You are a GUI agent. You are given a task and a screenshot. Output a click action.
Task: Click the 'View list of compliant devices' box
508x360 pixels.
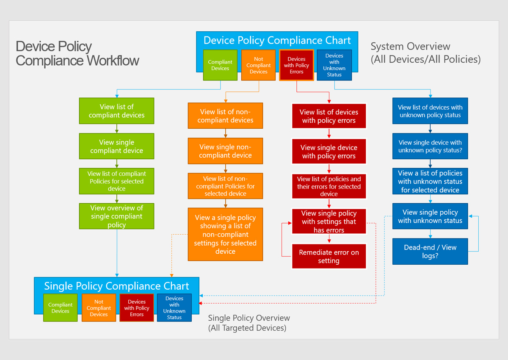coord(116,111)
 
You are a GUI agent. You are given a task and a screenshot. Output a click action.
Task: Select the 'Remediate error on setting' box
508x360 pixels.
coord(329,256)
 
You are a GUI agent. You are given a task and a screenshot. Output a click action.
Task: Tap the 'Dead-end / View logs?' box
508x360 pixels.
coord(430,251)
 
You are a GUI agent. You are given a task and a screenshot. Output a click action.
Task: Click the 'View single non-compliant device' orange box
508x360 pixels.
coord(225,151)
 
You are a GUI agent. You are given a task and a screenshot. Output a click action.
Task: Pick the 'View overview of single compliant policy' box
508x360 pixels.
coord(116,216)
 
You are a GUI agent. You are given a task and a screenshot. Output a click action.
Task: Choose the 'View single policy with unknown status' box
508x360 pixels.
coord(430,216)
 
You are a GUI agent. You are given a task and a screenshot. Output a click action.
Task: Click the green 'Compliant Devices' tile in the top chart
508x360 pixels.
coord(220,65)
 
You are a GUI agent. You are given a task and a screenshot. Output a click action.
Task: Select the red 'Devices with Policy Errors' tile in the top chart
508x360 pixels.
coord(296,65)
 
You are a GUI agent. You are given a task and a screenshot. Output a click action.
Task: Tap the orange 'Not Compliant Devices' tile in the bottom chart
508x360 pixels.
coord(99,308)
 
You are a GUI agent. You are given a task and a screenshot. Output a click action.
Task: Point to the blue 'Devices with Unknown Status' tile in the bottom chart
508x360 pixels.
coord(174,308)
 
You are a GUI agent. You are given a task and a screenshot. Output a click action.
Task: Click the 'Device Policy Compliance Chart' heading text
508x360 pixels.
coord(277,40)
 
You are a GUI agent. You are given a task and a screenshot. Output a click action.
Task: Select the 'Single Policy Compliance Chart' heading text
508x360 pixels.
coord(116,286)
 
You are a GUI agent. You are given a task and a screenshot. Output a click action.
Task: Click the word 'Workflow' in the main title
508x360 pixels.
coord(113,61)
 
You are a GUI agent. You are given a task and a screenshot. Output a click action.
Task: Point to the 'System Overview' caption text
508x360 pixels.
coord(410,47)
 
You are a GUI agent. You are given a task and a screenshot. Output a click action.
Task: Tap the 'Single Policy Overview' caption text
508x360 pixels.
coord(249,318)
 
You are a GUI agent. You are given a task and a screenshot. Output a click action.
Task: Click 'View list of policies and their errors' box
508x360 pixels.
coord(329,186)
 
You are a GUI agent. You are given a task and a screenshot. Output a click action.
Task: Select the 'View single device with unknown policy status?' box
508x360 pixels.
coord(430,146)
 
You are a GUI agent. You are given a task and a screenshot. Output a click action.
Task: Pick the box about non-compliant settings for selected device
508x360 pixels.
coord(225,234)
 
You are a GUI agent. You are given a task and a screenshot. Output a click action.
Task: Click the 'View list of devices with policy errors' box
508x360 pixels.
coord(329,116)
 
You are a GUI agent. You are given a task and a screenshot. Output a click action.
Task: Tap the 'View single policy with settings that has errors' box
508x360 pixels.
coord(329,221)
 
